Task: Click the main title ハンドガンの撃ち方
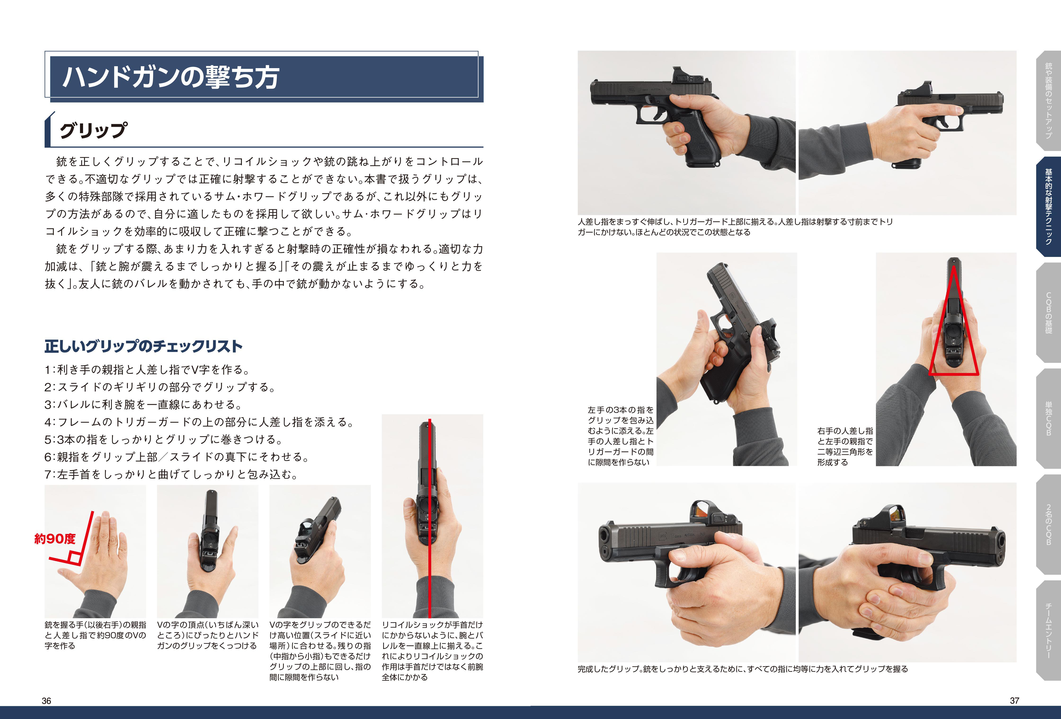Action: coord(170,77)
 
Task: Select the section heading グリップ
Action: coord(93,130)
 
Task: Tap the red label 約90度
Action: coord(55,539)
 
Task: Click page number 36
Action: coord(47,701)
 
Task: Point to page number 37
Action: coord(1014,700)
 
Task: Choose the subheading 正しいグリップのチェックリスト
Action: coord(143,346)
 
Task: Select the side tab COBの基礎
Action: coord(1049,313)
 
